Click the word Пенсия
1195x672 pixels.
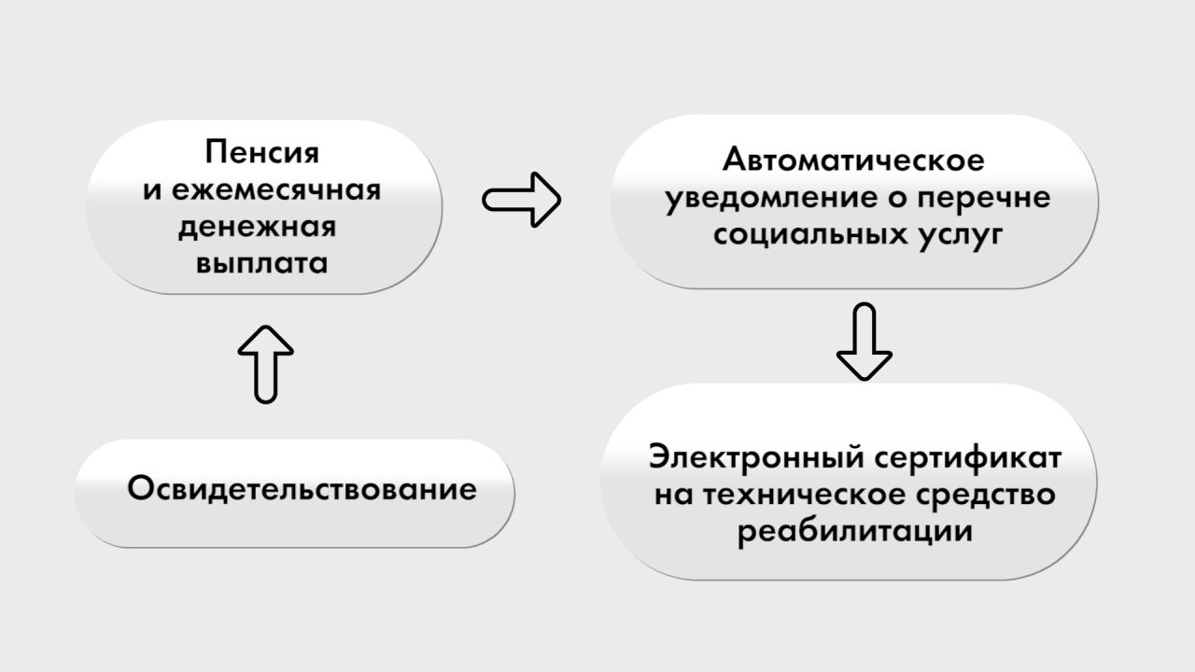262,152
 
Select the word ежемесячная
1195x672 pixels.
276,190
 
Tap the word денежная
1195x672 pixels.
257,228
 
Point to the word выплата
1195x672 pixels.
262,264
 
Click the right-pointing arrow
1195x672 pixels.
521,200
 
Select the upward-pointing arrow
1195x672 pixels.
266,364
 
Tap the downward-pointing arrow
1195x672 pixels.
865,342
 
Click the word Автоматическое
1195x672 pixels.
853,160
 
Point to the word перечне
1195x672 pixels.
984,199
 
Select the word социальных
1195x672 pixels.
809,234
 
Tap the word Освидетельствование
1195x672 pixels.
302,488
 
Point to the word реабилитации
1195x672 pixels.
854,532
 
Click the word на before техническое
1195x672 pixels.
673,495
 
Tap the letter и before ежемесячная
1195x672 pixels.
152,191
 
